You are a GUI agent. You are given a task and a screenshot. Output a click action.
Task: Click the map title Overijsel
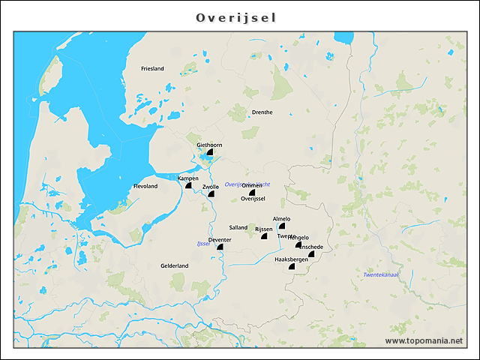coord(240,16)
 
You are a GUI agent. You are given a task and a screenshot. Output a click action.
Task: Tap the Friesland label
coord(152,68)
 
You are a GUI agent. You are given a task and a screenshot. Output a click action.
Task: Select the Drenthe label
coord(262,112)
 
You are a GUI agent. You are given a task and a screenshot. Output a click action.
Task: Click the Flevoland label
coord(145,186)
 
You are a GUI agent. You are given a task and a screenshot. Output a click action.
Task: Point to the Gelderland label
coord(174,265)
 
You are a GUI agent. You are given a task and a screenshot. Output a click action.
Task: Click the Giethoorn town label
coord(209,145)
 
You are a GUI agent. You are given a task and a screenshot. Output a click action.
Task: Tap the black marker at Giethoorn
coord(211,152)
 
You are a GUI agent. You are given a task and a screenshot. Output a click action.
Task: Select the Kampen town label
coord(187,178)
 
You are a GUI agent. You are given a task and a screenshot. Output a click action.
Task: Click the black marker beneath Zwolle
coord(211,194)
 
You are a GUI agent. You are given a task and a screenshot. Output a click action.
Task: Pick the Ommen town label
coord(253,185)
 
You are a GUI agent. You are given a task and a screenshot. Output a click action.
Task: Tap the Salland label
coord(238,227)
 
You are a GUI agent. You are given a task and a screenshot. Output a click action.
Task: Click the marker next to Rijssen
coord(264,236)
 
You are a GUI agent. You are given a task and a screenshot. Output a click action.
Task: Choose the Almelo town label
coord(281,219)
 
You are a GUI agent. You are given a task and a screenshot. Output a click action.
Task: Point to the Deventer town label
coord(220,239)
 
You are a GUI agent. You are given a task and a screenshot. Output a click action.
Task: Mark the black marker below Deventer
coord(220,247)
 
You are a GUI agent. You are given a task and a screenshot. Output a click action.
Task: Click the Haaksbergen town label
coord(292,259)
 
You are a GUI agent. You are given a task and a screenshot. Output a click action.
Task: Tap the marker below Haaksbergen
coord(292,266)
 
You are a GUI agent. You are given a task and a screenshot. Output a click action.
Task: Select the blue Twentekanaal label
coord(380,274)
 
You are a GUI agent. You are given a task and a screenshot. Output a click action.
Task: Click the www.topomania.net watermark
coord(424,340)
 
